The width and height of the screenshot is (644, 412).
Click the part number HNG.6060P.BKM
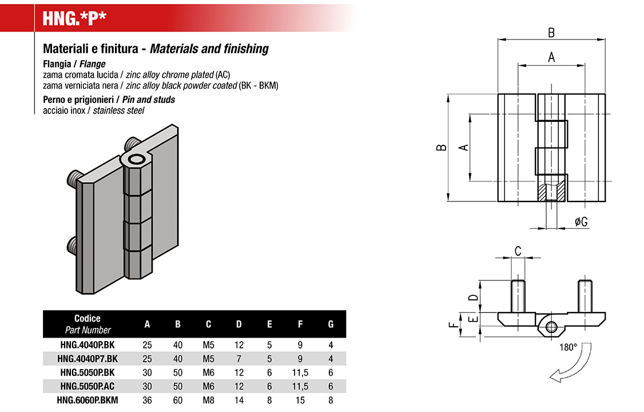[x=88, y=400]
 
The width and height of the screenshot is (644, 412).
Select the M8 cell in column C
[x=208, y=400]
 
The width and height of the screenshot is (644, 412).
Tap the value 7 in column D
[x=239, y=359]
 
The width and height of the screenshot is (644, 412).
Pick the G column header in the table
[x=331, y=324]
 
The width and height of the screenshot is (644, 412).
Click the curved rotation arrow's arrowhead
[x=554, y=376]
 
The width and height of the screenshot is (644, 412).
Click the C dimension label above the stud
[x=518, y=251]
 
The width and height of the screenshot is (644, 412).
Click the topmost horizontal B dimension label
[x=551, y=33]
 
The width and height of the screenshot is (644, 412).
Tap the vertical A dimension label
[x=464, y=146]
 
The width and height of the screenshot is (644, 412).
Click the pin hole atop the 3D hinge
[x=137, y=159]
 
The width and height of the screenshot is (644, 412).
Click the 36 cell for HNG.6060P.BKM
[x=147, y=400]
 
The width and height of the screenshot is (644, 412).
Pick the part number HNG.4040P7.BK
[x=88, y=359]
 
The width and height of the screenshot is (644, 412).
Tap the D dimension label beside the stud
[x=472, y=298]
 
